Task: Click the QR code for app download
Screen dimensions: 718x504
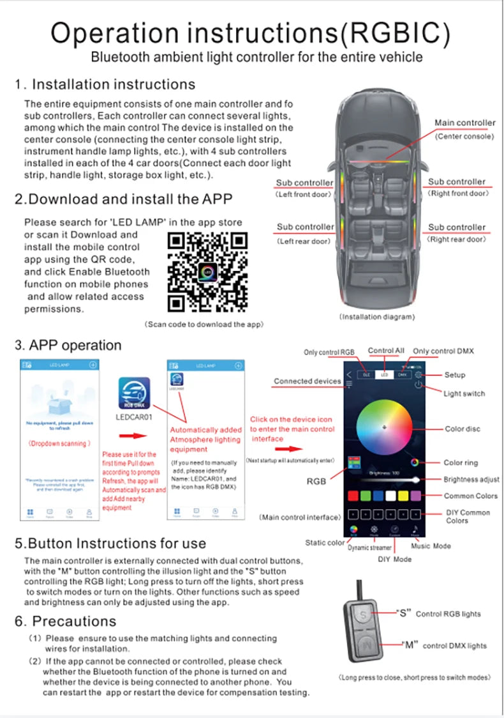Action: (207, 272)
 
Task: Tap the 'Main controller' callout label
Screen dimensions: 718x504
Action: (464, 123)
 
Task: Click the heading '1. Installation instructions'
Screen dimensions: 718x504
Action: (105, 84)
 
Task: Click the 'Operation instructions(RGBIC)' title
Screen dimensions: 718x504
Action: (251, 33)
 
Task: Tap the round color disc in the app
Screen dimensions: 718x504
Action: (384, 427)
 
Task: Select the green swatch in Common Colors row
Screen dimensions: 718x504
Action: (366, 495)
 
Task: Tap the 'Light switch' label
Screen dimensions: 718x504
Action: (464, 393)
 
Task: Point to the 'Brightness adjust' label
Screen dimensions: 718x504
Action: (471, 479)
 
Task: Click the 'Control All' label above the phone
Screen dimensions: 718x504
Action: (386, 351)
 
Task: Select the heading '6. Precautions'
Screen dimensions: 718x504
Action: (66, 621)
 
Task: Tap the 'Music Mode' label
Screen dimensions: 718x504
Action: (431, 546)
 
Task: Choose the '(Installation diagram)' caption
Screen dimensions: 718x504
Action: (376, 317)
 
